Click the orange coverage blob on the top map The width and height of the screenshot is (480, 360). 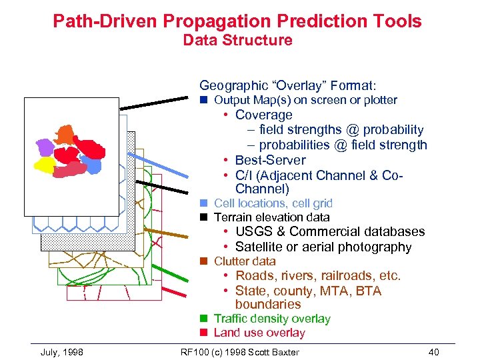coord(65,134)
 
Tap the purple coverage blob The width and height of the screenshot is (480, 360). coord(45,147)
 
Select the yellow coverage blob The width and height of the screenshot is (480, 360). coord(45,164)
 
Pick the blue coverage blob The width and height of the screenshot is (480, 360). coord(93,165)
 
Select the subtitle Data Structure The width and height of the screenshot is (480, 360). coord(237,40)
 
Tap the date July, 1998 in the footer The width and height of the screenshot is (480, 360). coord(62,352)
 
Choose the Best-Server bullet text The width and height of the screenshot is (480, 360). coord(270,160)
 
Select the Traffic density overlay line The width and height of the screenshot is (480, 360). coord(272,319)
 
